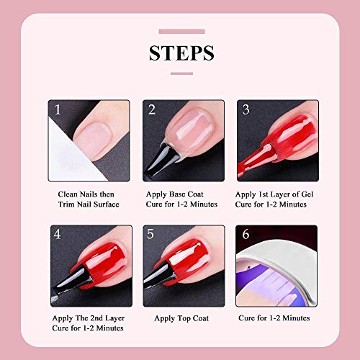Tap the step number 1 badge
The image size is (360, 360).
(x=56, y=109)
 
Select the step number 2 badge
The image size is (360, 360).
(x=152, y=109)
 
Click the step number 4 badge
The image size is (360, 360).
(x=57, y=235)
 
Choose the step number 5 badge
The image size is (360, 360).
(x=152, y=235)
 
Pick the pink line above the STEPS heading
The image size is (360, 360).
(x=181, y=31)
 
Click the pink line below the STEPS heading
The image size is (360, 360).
(x=181, y=73)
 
